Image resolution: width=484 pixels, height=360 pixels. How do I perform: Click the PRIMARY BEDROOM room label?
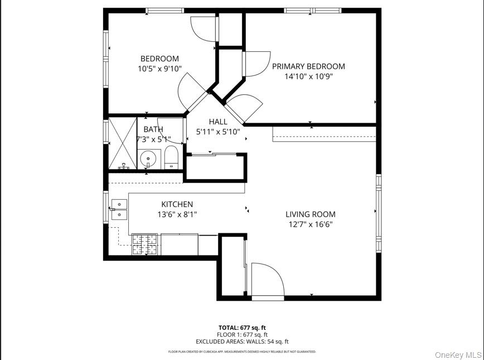pyautogui.click(x=308, y=66)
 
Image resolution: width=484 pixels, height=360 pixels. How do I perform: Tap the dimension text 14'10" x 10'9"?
pyautogui.click(x=308, y=76)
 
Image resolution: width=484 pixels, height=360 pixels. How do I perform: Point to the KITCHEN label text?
pyautogui.click(x=177, y=204)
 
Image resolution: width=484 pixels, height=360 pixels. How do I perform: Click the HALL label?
pyautogui.click(x=218, y=122)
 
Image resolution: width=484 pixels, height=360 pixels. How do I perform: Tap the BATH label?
pyautogui.click(x=153, y=129)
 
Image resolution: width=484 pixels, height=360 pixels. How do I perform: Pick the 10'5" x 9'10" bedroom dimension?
pyautogui.click(x=159, y=69)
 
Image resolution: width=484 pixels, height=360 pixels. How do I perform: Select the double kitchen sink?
pyautogui.click(x=119, y=209)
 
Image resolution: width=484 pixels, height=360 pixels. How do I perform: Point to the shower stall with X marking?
pyautogui.click(x=123, y=143)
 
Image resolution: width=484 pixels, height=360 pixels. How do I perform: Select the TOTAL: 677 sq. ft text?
pyautogui.click(x=242, y=328)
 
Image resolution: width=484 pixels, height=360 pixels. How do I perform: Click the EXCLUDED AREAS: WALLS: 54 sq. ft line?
pyautogui.click(x=242, y=342)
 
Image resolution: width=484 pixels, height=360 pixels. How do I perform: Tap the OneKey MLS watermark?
pyautogui.click(x=458, y=354)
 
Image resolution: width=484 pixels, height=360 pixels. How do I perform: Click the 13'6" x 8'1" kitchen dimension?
pyautogui.click(x=177, y=214)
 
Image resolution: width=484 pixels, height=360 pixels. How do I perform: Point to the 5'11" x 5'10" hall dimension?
pyautogui.click(x=218, y=132)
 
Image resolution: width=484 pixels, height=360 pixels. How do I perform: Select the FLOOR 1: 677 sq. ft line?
pyautogui.click(x=242, y=334)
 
